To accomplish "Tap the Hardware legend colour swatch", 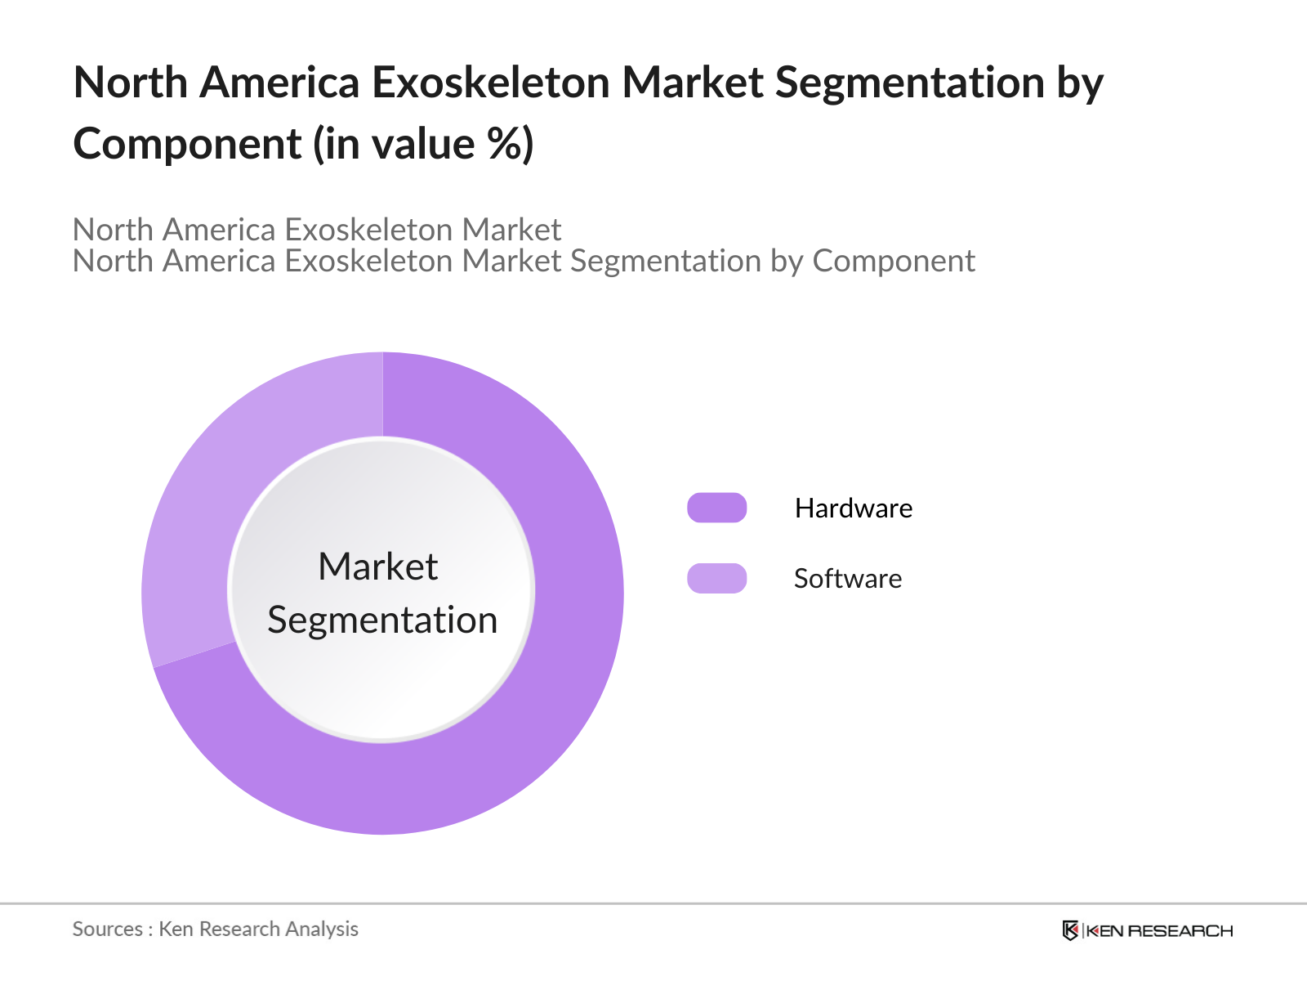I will coord(716,508).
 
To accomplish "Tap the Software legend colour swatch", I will coord(716,578).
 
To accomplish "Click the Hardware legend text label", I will coord(853,508).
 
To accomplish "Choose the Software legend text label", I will coord(847,579).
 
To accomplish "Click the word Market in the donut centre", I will coord(377,567).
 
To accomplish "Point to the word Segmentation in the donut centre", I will coord(382,620).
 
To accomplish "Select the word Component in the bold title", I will coord(187,144).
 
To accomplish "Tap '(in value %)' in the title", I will coord(424,144).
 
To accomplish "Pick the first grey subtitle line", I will coord(316,230).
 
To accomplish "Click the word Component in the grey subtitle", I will coord(893,261).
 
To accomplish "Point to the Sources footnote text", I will coord(215,929).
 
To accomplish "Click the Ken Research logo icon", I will coord(1070,930).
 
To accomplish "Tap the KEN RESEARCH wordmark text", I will coord(1159,931).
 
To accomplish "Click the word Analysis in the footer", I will coord(322,929).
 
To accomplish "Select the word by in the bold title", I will coord(1080,83).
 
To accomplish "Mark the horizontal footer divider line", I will coord(653,903).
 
